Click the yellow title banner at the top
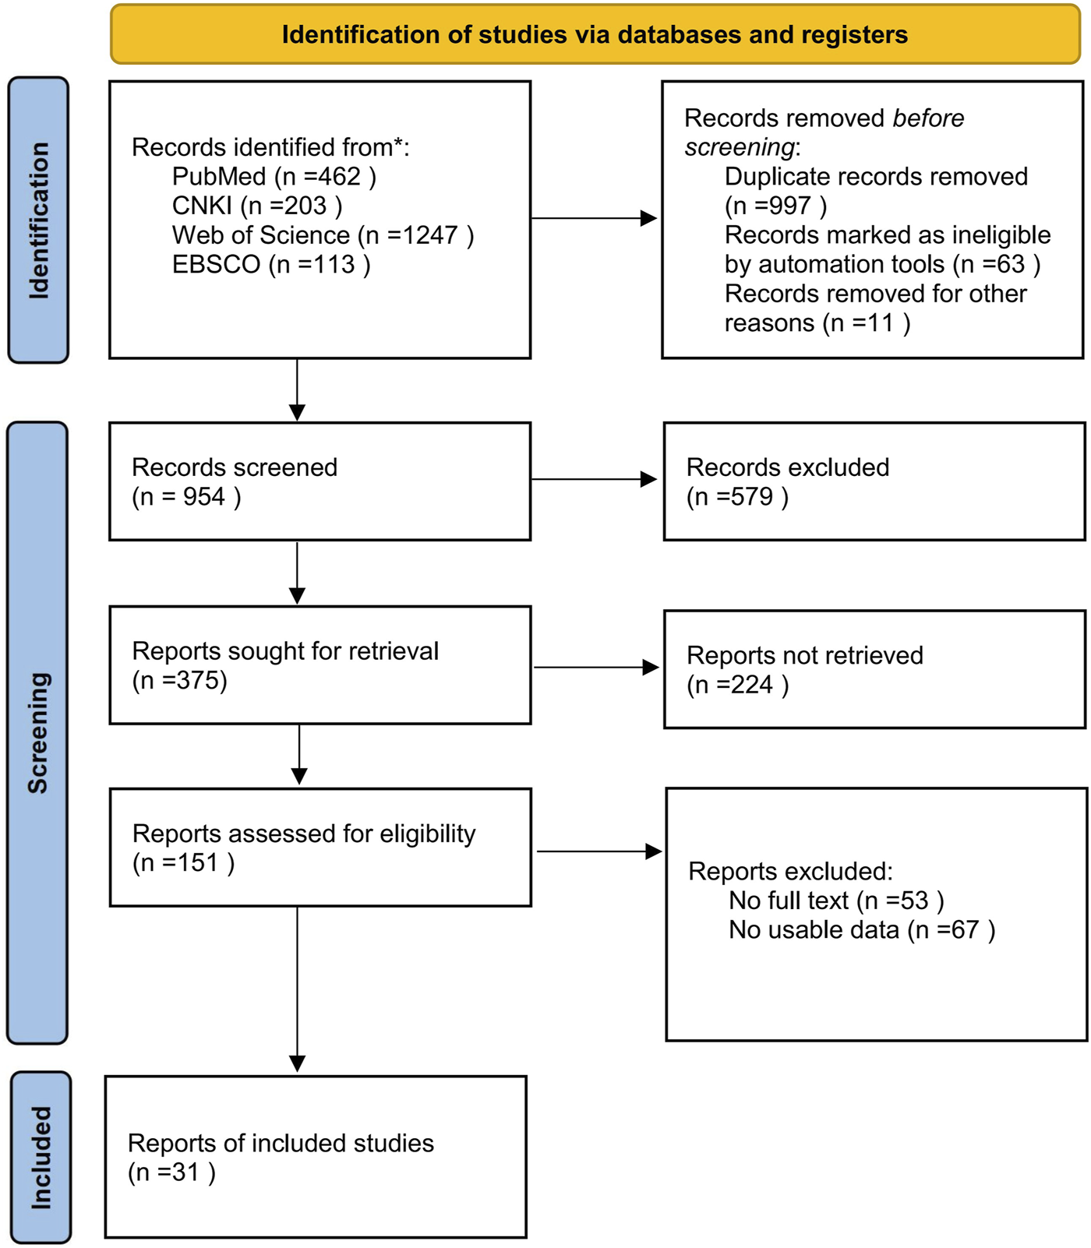[x=595, y=35]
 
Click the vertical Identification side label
[x=38, y=220]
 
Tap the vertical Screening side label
[x=37, y=732]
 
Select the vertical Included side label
[x=41, y=1158]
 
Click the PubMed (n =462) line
[x=274, y=177]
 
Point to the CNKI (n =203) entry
[x=256, y=206]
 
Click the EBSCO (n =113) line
[x=270, y=265]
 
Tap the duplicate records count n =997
[x=775, y=206]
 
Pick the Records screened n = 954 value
[x=186, y=497]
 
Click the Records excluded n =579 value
[x=737, y=497]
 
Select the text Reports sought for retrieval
[x=285, y=651]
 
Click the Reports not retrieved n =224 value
[x=737, y=685]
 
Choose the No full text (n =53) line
[x=835, y=901]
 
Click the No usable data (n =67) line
[x=861, y=930]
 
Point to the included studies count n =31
[x=171, y=1172]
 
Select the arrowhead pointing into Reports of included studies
[x=297, y=1063]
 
